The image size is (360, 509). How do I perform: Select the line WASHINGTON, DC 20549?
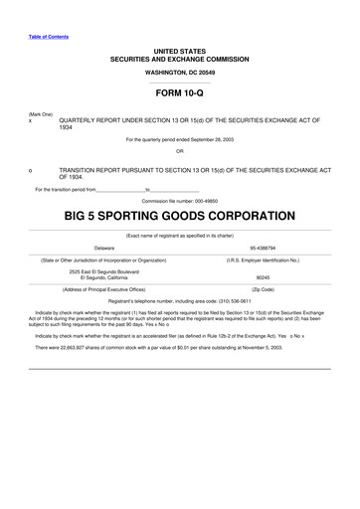tap(180, 73)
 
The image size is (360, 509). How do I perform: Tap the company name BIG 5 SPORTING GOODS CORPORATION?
tap(180, 216)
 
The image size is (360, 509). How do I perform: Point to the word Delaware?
tap(103, 247)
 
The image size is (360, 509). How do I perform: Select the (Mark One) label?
tap(41, 114)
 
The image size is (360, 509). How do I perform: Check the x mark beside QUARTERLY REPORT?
tap(31, 121)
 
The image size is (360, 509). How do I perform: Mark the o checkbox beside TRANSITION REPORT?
tap(31, 170)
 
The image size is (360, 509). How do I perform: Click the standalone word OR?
tap(180, 151)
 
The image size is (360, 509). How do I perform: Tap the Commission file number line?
tap(180, 200)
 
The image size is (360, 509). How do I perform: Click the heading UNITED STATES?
tap(180, 50)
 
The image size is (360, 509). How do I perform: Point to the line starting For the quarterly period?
tap(180, 140)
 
